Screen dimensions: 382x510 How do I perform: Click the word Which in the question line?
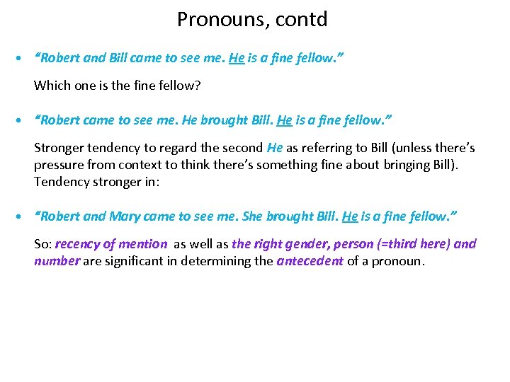(x=51, y=86)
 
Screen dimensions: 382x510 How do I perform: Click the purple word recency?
(x=77, y=244)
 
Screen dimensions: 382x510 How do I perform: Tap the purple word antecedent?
(x=310, y=261)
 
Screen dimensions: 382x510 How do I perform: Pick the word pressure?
(x=58, y=165)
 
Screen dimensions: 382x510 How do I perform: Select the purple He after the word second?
(x=275, y=148)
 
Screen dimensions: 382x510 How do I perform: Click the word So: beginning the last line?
(x=42, y=244)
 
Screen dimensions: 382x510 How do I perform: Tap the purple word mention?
(x=142, y=244)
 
